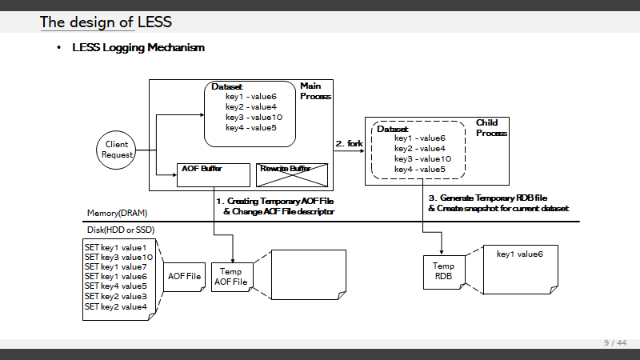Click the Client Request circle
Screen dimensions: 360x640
[117, 150]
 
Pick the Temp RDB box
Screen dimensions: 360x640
[443, 270]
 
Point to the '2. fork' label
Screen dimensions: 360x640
[349, 143]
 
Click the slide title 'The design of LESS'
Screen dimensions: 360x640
[106, 22]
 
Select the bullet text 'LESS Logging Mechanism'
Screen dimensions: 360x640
[138, 48]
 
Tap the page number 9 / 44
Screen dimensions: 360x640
[615, 343]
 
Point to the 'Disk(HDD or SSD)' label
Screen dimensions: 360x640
[120, 230]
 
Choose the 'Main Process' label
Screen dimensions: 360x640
[315, 90]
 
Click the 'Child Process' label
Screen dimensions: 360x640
[491, 128]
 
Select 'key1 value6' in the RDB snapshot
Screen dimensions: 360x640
[520, 254]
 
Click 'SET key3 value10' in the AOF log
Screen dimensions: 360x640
[118, 258]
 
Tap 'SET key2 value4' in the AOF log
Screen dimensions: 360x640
[116, 306]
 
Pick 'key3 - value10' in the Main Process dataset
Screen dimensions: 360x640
[254, 118]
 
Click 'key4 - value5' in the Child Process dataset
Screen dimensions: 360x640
[420, 169]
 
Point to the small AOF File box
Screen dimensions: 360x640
[183, 276]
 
